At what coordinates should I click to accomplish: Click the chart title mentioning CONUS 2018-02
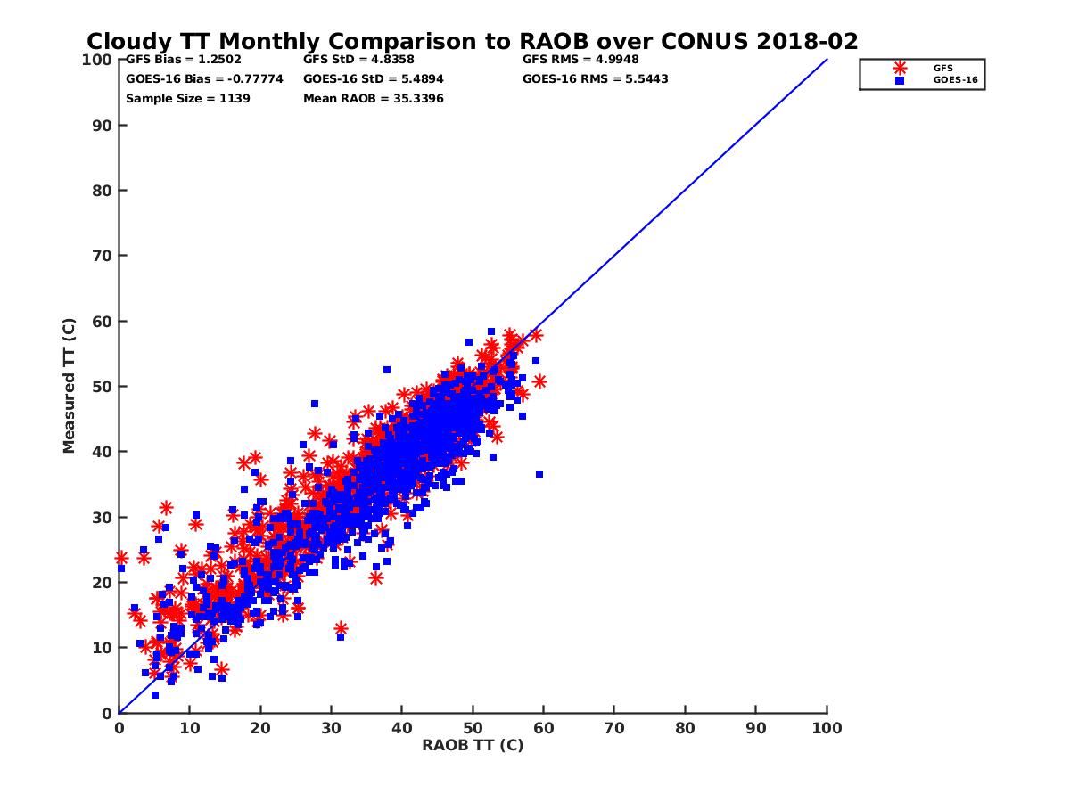tap(473, 42)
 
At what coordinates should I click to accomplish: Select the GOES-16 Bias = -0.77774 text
tap(204, 79)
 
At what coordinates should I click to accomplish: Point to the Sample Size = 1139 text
tap(187, 99)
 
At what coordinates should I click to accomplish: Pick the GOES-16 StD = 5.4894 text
tap(373, 79)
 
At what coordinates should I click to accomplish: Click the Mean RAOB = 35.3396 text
tap(373, 99)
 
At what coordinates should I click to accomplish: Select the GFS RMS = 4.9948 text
tap(580, 60)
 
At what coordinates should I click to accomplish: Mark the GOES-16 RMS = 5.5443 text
tap(595, 79)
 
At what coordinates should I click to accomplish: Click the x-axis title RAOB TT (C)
tap(473, 745)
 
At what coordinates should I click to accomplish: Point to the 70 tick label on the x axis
tap(614, 727)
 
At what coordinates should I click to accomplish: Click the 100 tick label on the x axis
tap(827, 727)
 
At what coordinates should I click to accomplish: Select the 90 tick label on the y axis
tap(102, 125)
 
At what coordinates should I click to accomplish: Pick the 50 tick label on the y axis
tap(102, 386)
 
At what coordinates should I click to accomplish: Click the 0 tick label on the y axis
tap(106, 713)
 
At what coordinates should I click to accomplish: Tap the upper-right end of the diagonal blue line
tap(827, 60)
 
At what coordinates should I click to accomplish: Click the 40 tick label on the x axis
tap(402, 727)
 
